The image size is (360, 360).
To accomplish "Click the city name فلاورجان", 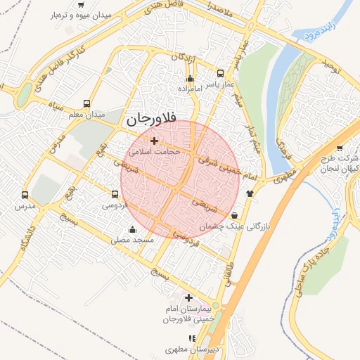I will [x=151, y=120].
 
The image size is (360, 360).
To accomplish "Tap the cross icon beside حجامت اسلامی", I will [x=155, y=141].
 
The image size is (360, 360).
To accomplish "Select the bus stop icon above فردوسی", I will [x=115, y=194].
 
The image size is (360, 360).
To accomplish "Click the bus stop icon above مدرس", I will [x=26, y=195].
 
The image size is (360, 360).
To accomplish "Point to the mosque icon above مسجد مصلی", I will [x=132, y=229].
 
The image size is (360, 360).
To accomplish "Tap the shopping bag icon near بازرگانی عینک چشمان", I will [x=234, y=215].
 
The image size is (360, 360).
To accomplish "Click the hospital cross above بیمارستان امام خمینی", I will [x=188, y=297].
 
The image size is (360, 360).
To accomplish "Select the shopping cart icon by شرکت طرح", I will [x=340, y=148].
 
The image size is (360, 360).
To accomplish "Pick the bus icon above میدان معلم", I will [x=86, y=103].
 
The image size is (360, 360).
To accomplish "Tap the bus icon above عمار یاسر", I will [x=220, y=73].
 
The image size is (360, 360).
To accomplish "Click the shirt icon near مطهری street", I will [x=250, y=193].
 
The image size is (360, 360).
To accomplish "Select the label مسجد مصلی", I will [x=132, y=240].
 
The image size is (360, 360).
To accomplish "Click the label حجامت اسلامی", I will [x=155, y=151].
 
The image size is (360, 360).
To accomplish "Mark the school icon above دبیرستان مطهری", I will [x=192, y=338].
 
